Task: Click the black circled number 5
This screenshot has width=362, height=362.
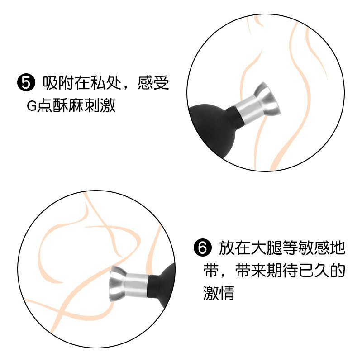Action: [26, 83]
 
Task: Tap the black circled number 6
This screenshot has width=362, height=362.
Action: [202, 248]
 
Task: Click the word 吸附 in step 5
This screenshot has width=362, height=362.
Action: [58, 83]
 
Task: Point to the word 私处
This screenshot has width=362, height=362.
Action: [106, 83]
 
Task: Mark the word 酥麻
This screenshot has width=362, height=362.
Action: [68, 106]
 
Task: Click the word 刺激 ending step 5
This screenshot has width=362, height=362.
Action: [100, 106]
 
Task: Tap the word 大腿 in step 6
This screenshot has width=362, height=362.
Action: [266, 248]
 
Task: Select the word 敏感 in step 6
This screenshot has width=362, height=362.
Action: [313, 248]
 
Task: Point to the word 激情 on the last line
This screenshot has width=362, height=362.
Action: [219, 292]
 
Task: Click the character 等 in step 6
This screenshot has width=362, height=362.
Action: [290, 248]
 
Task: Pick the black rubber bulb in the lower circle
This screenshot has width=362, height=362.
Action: [162, 281]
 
